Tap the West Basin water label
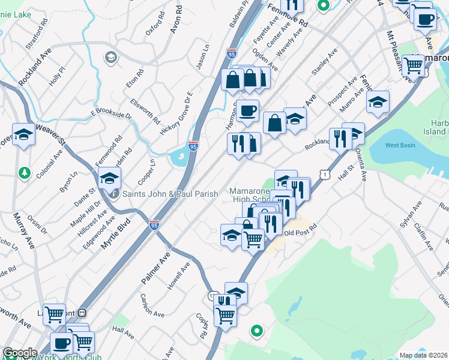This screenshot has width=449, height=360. [x=401, y=145]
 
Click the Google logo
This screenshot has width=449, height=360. [x=19, y=353]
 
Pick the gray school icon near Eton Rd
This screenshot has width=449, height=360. [x=110, y=58]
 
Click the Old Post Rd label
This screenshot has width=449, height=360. [x=300, y=233]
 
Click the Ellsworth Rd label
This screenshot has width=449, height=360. [x=145, y=111]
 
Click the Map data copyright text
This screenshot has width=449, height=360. [x=424, y=355]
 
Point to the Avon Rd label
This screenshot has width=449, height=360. [x=176, y=20]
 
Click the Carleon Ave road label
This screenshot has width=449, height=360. [x=152, y=305]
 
